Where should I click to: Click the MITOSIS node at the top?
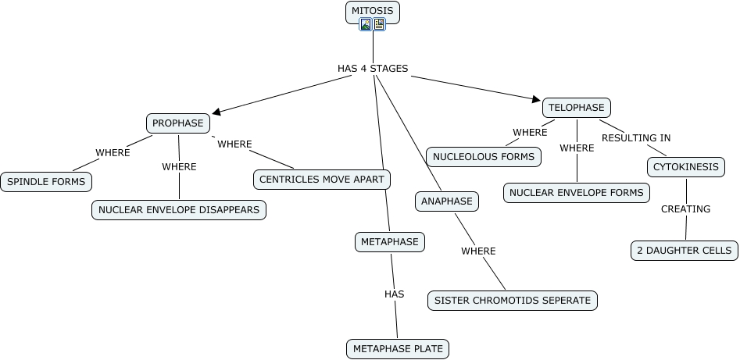coord(373,10)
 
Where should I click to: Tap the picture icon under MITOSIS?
coord(366,24)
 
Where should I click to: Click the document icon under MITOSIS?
coord(379,24)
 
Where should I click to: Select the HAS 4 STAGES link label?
coord(373,69)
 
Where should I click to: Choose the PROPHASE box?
coord(178,123)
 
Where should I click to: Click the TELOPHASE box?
coord(577,108)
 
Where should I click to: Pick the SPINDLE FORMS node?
coord(45,182)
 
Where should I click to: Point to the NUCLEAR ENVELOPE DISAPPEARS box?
coord(179,210)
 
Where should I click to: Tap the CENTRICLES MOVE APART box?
coord(322,180)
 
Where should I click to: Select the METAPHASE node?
coord(390,242)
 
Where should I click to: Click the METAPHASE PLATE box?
coord(398,348)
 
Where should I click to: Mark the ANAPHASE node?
coord(447,201)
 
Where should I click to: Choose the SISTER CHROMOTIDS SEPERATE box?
coord(513,300)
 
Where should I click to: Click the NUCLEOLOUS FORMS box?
coord(484,156)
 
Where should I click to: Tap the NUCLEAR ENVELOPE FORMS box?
coord(577,192)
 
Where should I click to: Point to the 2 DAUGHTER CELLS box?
coord(685,251)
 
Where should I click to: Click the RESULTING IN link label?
coord(635,138)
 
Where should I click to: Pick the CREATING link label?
coord(685,209)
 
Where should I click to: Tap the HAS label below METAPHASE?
coord(394,294)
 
